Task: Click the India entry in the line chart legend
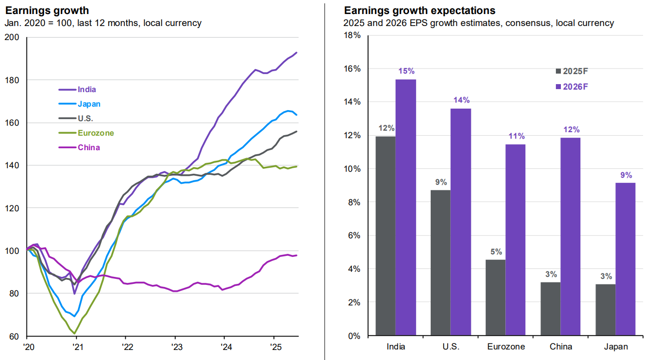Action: click(x=87, y=90)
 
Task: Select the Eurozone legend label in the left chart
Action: click(x=95, y=133)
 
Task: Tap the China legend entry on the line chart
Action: click(x=89, y=147)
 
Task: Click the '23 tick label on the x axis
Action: click(x=174, y=346)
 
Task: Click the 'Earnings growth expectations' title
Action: click(x=419, y=11)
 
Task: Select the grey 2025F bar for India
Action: click(x=385, y=236)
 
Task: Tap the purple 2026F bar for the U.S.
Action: click(x=460, y=222)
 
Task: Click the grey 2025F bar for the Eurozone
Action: click(x=495, y=297)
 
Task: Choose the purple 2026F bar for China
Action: click(x=570, y=236)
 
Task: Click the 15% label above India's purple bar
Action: click(x=406, y=71)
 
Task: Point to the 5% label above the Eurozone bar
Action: click(x=496, y=251)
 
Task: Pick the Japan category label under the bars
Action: click(x=615, y=347)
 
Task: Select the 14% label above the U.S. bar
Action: click(x=461, y=100)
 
